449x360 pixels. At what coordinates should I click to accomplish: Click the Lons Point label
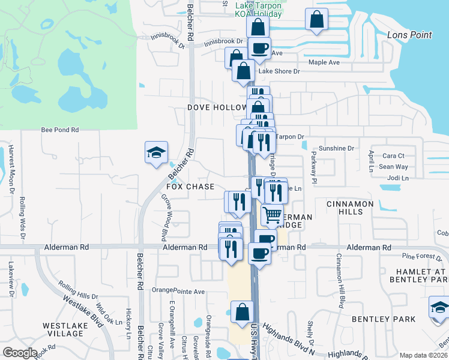(x=409, y=35)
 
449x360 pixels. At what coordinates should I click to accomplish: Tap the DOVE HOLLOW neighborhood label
(x=216, y=107)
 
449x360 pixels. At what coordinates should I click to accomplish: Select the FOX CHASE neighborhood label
(x=190, y=187)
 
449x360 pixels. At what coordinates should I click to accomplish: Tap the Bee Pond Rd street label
(x=60, y=130)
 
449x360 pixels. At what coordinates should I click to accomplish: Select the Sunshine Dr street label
(x=336, y=148)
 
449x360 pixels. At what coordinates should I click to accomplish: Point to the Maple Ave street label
(x=324, y=62)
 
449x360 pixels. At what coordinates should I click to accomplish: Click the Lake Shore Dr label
(x=279, y=71)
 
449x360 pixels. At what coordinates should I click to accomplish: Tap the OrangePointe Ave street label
(x=178, y=292)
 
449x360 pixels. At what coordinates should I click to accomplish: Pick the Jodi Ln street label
(x=398, y=178)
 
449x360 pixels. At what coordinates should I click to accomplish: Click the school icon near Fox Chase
(x=156, y=152)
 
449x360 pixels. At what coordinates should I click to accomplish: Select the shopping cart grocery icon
(x=272, y=214)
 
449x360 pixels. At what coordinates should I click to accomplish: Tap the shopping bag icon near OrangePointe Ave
(x=242, y=312)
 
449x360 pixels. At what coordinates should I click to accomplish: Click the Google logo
(x=20, y=353)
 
